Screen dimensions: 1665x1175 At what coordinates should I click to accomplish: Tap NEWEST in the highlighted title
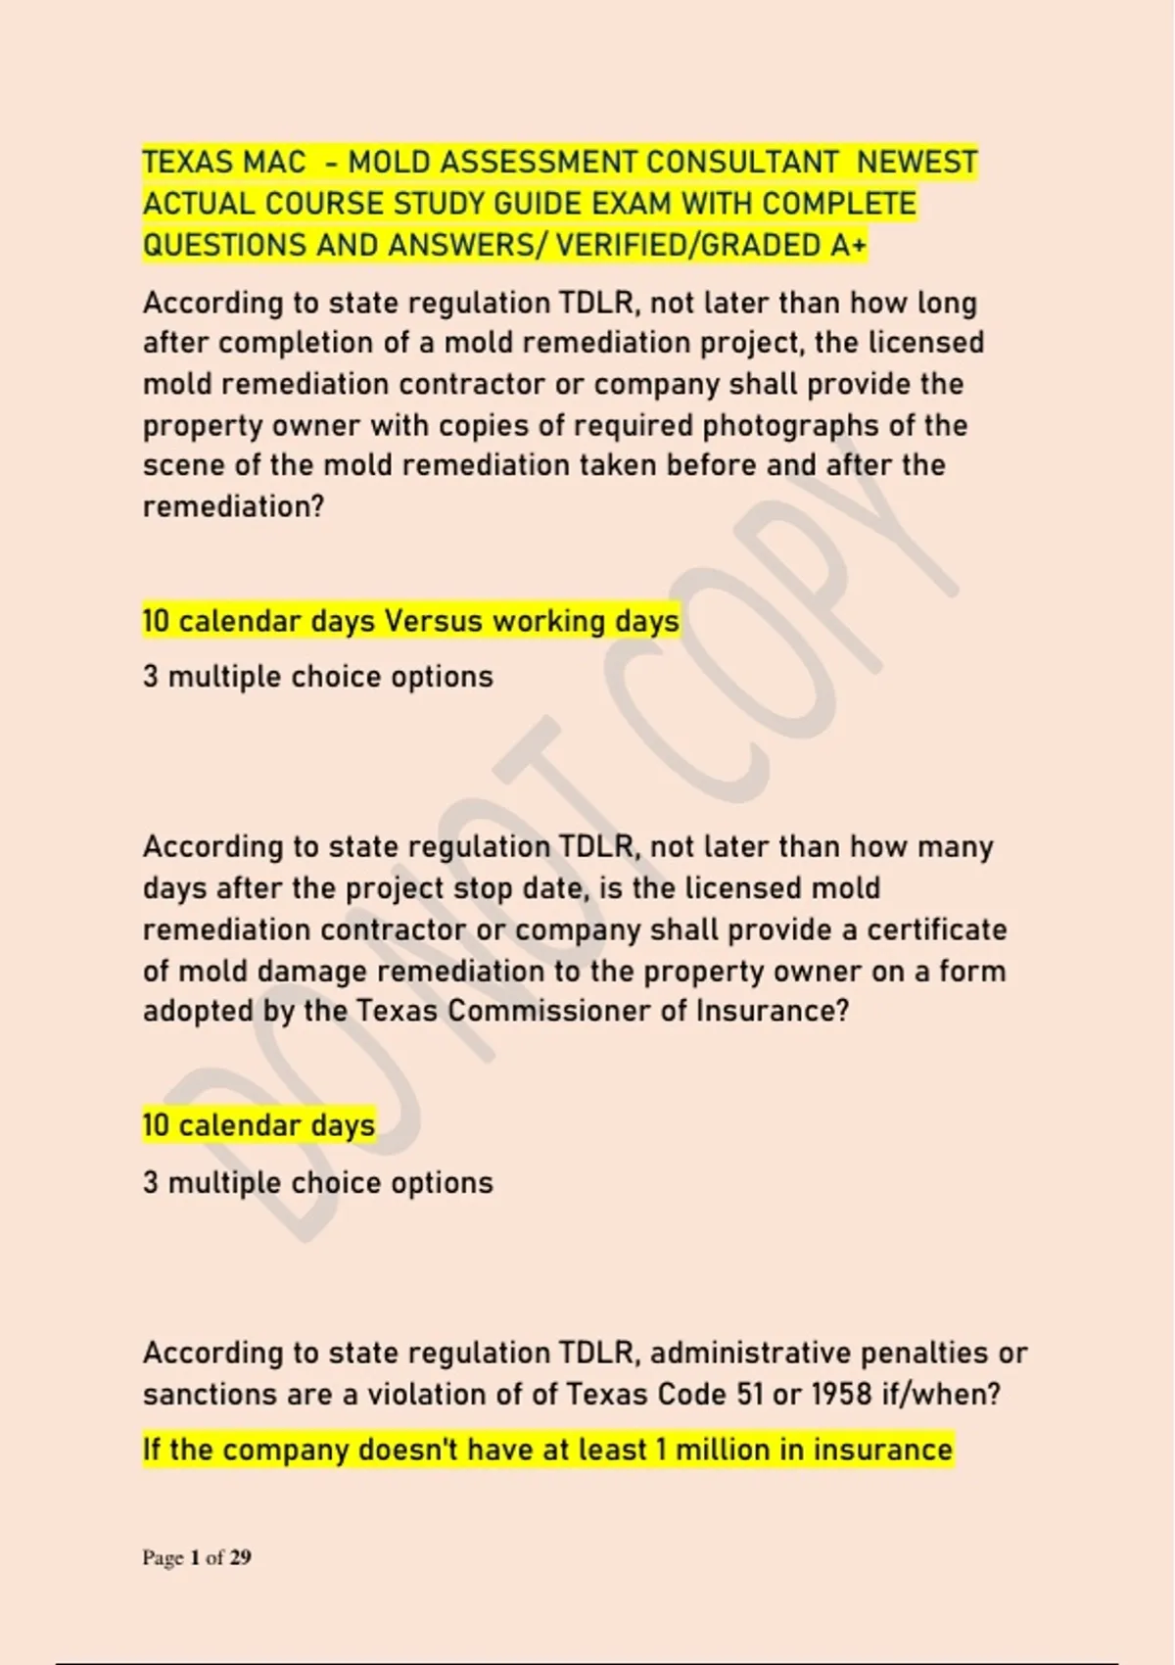tap(916, 162)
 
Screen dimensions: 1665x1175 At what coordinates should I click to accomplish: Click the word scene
tap(184, 465)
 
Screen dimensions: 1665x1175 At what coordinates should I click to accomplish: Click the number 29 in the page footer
tap(241, 1557)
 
